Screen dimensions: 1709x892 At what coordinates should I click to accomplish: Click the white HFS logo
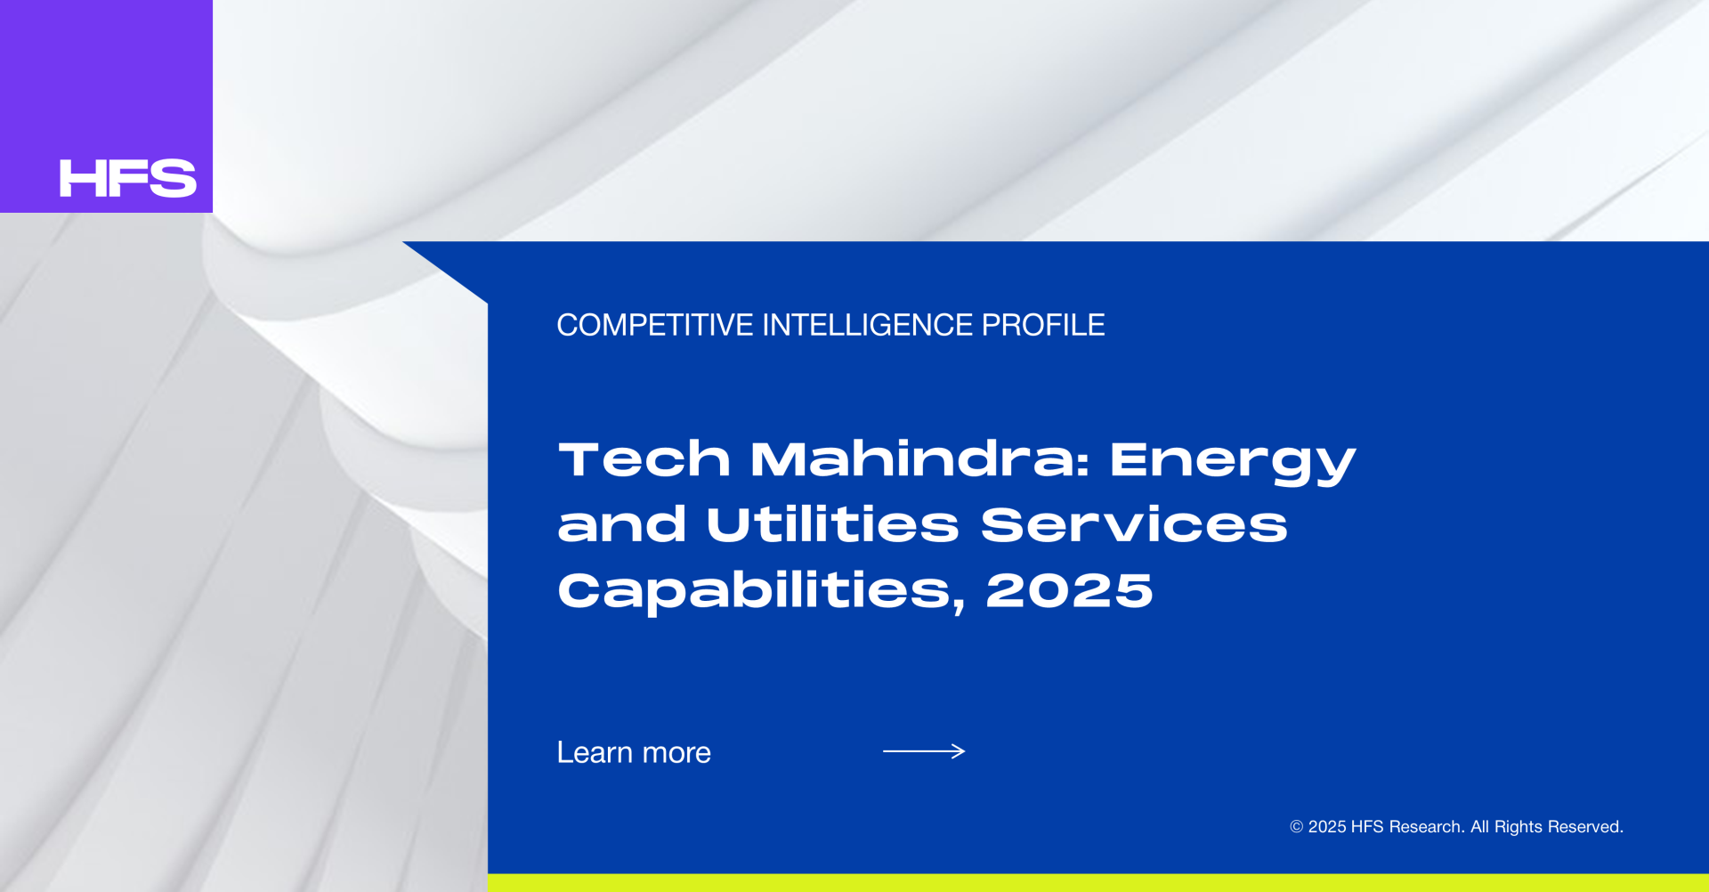pyautogui.click(x=128, y=178)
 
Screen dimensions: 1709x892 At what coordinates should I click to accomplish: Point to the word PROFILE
pyautogui.click(x=1043, y=325)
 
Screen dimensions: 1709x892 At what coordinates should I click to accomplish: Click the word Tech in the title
pyautogui.click(x=644, y=459)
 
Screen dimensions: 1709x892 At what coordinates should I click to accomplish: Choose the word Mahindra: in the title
pyautogui.click(x=920, y=459)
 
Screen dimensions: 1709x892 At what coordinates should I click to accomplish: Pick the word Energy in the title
pyautogui.click(x=1233, y=463)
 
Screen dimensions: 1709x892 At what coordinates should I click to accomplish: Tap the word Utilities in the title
pyautogui.click(x=832, y=523)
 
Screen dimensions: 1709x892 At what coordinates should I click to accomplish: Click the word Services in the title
pyautogui.click(x=1134, y=524)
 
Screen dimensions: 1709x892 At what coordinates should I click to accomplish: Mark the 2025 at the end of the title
pyautogui.click(x=1069, y=590)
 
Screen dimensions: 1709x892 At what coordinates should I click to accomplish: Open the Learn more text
pyautogui.click(x=634, y=752)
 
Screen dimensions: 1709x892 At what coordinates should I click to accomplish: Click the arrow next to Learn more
pyautogui.click(x=924, y=751)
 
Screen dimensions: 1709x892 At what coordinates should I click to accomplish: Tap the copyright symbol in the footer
pyautogui.click(x=1297, y=827)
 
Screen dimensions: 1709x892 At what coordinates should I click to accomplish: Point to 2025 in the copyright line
pyautogui.click(x=1327, y=827)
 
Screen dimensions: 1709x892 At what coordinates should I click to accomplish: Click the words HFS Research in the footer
pyautogui.click(x=1407, y=827)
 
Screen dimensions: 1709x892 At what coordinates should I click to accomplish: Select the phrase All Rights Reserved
pyautogui.click(x=1547, y=827)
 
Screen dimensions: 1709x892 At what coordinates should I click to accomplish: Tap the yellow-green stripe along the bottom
pyautogui.click(x=1098, y=883)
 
